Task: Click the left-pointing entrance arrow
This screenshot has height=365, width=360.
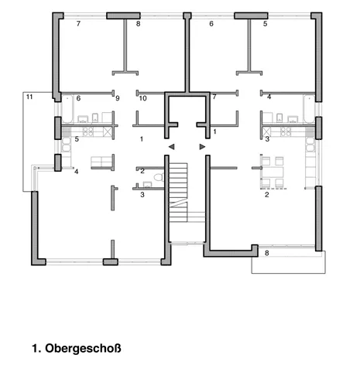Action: coord(172,147)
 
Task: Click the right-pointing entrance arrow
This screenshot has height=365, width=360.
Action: coord(202,147)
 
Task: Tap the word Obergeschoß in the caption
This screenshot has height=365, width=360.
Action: coord(83,348)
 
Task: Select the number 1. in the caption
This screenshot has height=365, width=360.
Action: coord(36,349)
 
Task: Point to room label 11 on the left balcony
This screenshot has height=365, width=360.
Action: coord(29,97)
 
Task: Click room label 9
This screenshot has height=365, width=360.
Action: coord(118,98)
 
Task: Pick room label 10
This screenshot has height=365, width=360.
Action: coord(143,98)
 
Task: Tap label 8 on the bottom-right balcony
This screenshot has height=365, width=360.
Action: coord(267,253)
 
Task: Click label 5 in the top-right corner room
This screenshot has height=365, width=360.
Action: coord(266,24)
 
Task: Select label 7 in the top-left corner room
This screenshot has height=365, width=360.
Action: coord(78,24)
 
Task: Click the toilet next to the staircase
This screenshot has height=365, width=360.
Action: coord(159,177)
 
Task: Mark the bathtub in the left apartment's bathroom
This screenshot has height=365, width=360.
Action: coord(67,109)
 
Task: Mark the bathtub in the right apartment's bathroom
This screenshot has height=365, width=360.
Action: coord(309,109)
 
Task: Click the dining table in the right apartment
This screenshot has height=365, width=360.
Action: coord(273,172)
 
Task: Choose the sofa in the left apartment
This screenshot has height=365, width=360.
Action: coord(101,162)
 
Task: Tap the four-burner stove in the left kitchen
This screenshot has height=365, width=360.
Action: coord(88,131)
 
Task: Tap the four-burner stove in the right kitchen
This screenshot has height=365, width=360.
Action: coord(286,131)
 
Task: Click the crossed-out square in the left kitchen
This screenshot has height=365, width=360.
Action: coord(108,131)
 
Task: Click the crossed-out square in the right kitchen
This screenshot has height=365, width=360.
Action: coord(267,131)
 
